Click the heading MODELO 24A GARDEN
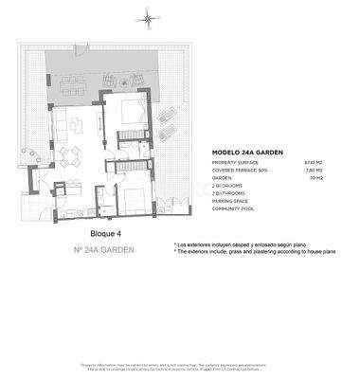(243, 152)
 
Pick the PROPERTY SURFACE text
(235, 162)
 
